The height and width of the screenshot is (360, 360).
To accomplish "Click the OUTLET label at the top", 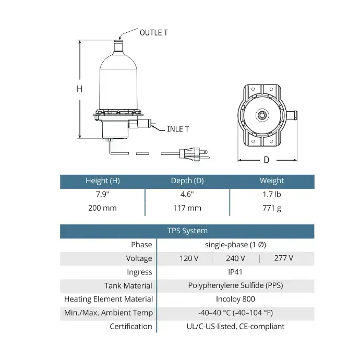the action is tap(153, 32).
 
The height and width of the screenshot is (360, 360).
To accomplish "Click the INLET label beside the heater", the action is tap(178, 129).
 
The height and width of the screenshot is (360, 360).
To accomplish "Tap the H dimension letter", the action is tap(79, 89).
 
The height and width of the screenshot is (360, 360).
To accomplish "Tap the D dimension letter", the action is tap(266, 160).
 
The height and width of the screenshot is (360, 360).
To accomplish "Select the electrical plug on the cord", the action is tap(194, 153).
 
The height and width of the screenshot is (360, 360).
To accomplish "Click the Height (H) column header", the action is tap(103, 181).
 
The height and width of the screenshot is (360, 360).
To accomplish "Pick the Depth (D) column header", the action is tap(187, 181).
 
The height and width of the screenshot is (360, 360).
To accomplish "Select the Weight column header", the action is tap(272, 181).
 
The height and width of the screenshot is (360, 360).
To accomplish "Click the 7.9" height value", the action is tap(102, 194).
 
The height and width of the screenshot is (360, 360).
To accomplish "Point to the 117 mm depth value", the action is tap(187, 208).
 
